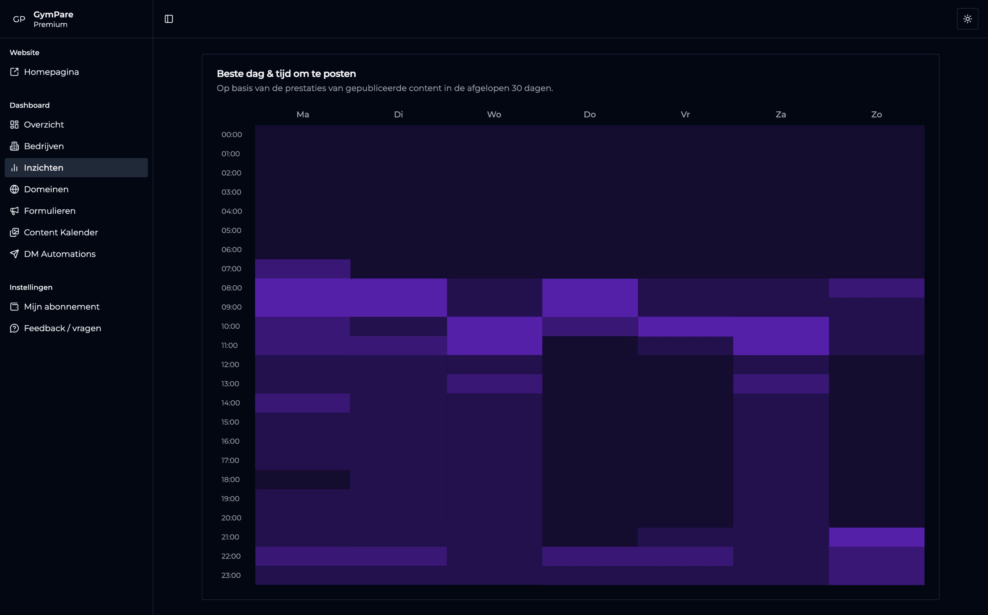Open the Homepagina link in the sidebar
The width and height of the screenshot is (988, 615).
click(x=51, y=72)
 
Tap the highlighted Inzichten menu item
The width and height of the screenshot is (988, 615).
click(x=43, y=168)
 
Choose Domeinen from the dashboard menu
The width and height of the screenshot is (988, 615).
click(x=46, y=189)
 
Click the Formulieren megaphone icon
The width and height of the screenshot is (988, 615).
click(x=14, y=211)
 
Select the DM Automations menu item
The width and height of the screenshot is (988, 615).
click(x=59, y=254)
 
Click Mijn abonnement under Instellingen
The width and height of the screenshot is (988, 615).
click(x=61, y=307)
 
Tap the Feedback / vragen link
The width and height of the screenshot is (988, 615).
click(x=62, y=328)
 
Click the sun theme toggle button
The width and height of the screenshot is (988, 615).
click(x=967, y=19)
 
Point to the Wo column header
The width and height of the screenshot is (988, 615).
click(x=494, y=114)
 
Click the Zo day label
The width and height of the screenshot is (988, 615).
click(x=876, y=114)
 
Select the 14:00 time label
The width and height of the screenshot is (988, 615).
click(x=231, y=403)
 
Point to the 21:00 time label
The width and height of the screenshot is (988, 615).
click(x=230, y=537)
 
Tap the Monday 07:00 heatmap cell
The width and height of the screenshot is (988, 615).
click(x=303, y=269)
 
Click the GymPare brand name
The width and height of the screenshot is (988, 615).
click(x=53, y=14)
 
